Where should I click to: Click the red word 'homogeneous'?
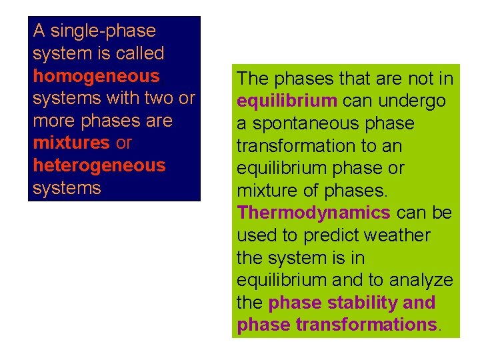[x=96, y=76]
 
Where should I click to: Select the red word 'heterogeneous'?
[x=99, y=165]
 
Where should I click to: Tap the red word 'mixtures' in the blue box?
[x=71, y=143]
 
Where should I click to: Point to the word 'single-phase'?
[x=103, y=31]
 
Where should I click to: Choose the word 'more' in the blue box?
[x=54, y=121]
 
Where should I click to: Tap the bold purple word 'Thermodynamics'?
[x=313, y=213]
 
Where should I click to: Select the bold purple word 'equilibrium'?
[x=287, y=101]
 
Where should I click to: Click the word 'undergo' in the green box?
[x=413, y=101]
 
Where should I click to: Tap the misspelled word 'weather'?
[x=399, y=236]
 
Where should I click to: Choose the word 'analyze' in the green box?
[x=419, y=281]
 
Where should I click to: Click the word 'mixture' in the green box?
[x=267, y=191]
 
